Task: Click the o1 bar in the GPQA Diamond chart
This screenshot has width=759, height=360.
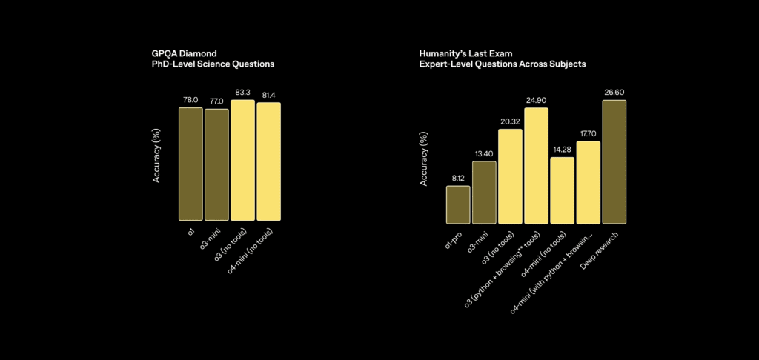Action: pyautogui.click(x=190, y=164)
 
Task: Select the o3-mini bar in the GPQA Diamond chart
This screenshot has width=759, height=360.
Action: pyautogui.click(x=216, y=164)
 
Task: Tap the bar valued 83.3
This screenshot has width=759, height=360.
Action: pyautogui.click(x=242, y=160)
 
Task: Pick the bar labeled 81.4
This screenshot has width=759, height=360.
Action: pyautogui.click(x=268, y=161)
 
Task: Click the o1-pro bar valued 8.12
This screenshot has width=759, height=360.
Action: pyautogui.click(x=458, y=204)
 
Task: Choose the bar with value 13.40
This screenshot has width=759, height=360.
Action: pyautogui.click(x=484, y=192)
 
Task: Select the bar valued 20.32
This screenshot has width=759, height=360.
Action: pyautogui.click(x=510, y=176)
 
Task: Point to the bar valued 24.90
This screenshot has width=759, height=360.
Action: pyautogui.click(x=536, y=165)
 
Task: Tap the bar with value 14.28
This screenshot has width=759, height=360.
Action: pyautogui.click(x=562, y=190)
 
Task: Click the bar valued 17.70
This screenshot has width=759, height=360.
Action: pyautogui.click(x=588, y=181)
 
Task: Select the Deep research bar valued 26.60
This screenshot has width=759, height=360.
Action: pyautogui.click(x=614, y=161)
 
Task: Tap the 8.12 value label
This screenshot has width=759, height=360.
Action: pyautogui.click(x=458, y=179)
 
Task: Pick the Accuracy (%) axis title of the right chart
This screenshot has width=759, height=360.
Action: pyautogui.click(x=423, y=159)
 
